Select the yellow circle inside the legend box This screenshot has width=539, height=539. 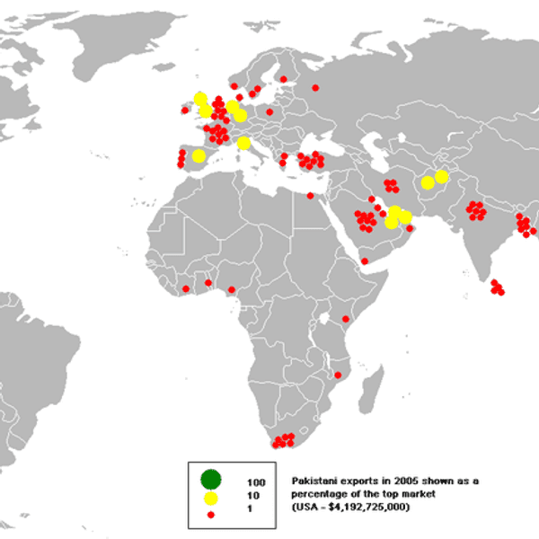pyautogui.click(x=211, y=497)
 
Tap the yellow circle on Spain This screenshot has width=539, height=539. pyautogui.click(x=199, y=155)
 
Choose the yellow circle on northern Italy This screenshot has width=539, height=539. pyautogui.click(x=243, y=144)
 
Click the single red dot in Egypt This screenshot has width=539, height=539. pyautogui.click(x=310, y=196)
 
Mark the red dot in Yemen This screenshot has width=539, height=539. pyautogui.click(x=365, y=261)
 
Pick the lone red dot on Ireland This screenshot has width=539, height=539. pyautogui.click(x=185, y=110)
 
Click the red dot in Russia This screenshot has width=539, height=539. pyautogui.click(x=315, y=87)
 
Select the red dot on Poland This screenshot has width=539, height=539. pyautogui.click(x=269, y=112)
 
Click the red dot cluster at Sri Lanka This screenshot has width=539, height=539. pyautogui.click(x=498, y=287)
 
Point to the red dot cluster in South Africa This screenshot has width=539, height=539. pyautogui.click(x=284, y=439)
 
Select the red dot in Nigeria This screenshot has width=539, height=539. pyautogui.click(x=231, y=289)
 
